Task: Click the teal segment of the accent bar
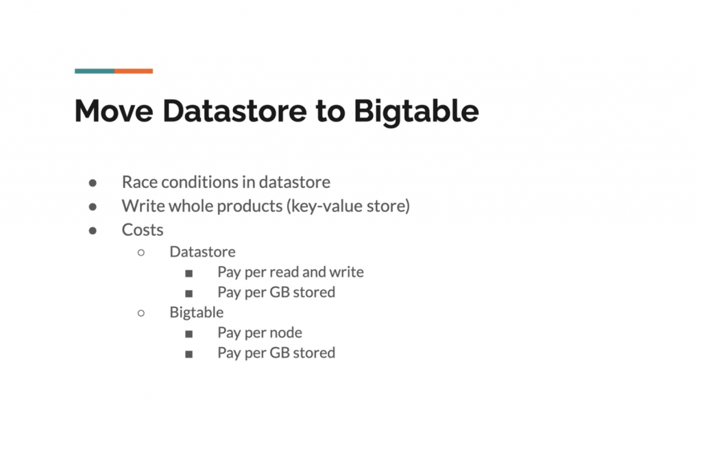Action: click(x=95, y=71)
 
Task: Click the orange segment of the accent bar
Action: click(x=134, y=71)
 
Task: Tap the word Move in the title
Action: click(x=114, y=110)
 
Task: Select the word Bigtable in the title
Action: click(x=416, y=111)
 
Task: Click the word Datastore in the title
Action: click(x=234, y=110)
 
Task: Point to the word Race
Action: click(x=139, y=182)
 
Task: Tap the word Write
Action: click(x=143, y=206)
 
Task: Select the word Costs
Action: click(x=143, y=230)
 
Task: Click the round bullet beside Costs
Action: click(x=93, y=230)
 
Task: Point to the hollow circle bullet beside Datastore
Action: click(x=141, y=252)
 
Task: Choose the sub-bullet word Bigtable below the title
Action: click(x=197, y=312)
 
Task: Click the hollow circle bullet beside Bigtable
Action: click(x=141, y=313)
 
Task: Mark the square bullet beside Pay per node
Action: click(x=189, y=333)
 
